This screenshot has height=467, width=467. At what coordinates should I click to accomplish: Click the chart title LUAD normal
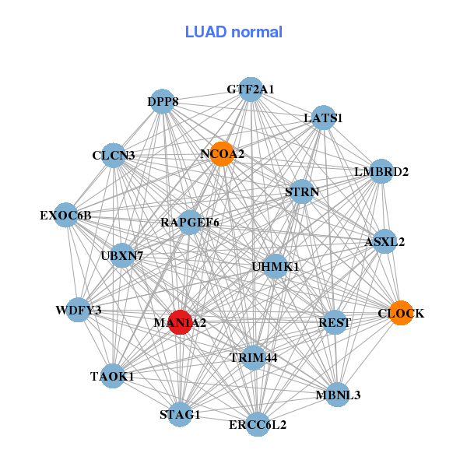pyautogui.click(x=233, y=32)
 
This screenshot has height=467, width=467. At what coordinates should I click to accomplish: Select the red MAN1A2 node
pyautogui.click(x=180, y=322)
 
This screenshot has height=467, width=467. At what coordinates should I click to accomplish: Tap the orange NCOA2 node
pyautogui.click(x=222, y=154)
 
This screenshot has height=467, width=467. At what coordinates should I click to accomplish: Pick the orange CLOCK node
pyautogui.click(x=400, y=313)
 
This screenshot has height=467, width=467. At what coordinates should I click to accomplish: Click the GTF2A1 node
pyautogui.click(x=250, y=90)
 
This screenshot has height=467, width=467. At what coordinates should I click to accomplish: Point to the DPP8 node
pyautogui.click(x=162, y=101)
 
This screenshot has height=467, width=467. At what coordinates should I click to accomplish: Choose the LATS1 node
pyautogui.click(x=323, y=118)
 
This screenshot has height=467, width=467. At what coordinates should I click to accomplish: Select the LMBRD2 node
pyautogui.click(x=381, y=171)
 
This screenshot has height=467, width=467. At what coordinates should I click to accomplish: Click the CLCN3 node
pyautogui.click(x=114, y=156)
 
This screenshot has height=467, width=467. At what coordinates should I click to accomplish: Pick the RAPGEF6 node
pyautogui.click(x=190, y=223)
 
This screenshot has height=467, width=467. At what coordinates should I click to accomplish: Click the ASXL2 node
pyautogui.click(x=384, y=242)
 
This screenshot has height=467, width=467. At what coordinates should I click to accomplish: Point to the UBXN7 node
pyautogui.click(x=122, y=255)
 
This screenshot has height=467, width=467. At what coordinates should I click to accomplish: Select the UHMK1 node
pyautogui.click(x=276, y=267)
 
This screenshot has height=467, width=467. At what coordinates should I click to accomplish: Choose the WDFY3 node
pyautogui.click(x=79, y=311)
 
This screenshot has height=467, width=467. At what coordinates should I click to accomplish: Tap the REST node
pyautogui.click(x=335, y=322)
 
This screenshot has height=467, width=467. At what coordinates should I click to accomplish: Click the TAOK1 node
pyautogui.click(x=112, y=376)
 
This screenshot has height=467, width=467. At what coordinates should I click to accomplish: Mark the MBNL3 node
pyautogui.click(x=338, y=395)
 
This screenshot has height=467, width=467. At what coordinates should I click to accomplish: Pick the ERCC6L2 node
pyautogui.click(x=258, y=425)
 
